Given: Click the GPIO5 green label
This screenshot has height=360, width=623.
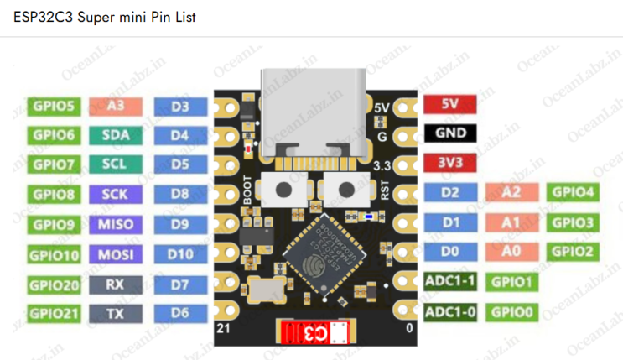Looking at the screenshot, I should [54, 107].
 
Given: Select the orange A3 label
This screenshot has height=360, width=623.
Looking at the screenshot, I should [114, 106].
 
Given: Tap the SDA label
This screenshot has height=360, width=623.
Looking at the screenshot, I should [114, 134].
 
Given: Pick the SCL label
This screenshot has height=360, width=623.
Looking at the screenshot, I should [114, 164].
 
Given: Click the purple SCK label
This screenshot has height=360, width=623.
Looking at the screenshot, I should [114, 194].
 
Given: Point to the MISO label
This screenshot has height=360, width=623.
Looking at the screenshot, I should [114, 224].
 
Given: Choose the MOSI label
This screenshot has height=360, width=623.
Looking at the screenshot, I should [114, 253].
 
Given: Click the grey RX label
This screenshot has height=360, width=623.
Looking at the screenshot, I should [114, 284].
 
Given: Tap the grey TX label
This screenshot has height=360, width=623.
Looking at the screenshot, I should [114, 314].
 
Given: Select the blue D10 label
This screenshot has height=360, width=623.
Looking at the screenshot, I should [179, 253].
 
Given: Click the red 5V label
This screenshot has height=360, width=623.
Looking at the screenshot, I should [449, 105].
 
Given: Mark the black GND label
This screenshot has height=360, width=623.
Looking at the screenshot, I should [449, 133].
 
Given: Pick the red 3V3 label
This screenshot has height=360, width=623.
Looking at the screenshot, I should [449, 162].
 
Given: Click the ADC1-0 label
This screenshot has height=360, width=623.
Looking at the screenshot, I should [450, 312].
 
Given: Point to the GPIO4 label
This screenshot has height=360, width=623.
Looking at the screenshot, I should [574, 192].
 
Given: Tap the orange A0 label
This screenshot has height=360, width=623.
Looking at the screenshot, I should [511, 251].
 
